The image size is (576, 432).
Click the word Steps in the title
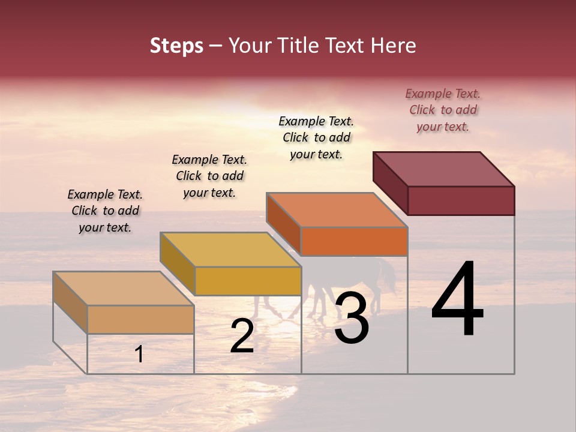176,46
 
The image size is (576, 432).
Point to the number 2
242,336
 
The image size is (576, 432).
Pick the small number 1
139,354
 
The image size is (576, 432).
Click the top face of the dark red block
444,169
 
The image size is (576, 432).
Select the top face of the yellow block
230,249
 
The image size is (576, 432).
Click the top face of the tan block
124,288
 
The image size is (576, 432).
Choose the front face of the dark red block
461,200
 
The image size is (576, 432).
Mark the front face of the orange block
354,241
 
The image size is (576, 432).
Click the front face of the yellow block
248,281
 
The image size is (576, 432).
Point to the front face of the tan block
140,319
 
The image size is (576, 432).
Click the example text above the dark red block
443,110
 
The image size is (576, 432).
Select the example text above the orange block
316,137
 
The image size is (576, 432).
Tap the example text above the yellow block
209,176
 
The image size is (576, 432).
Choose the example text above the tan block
105,211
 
